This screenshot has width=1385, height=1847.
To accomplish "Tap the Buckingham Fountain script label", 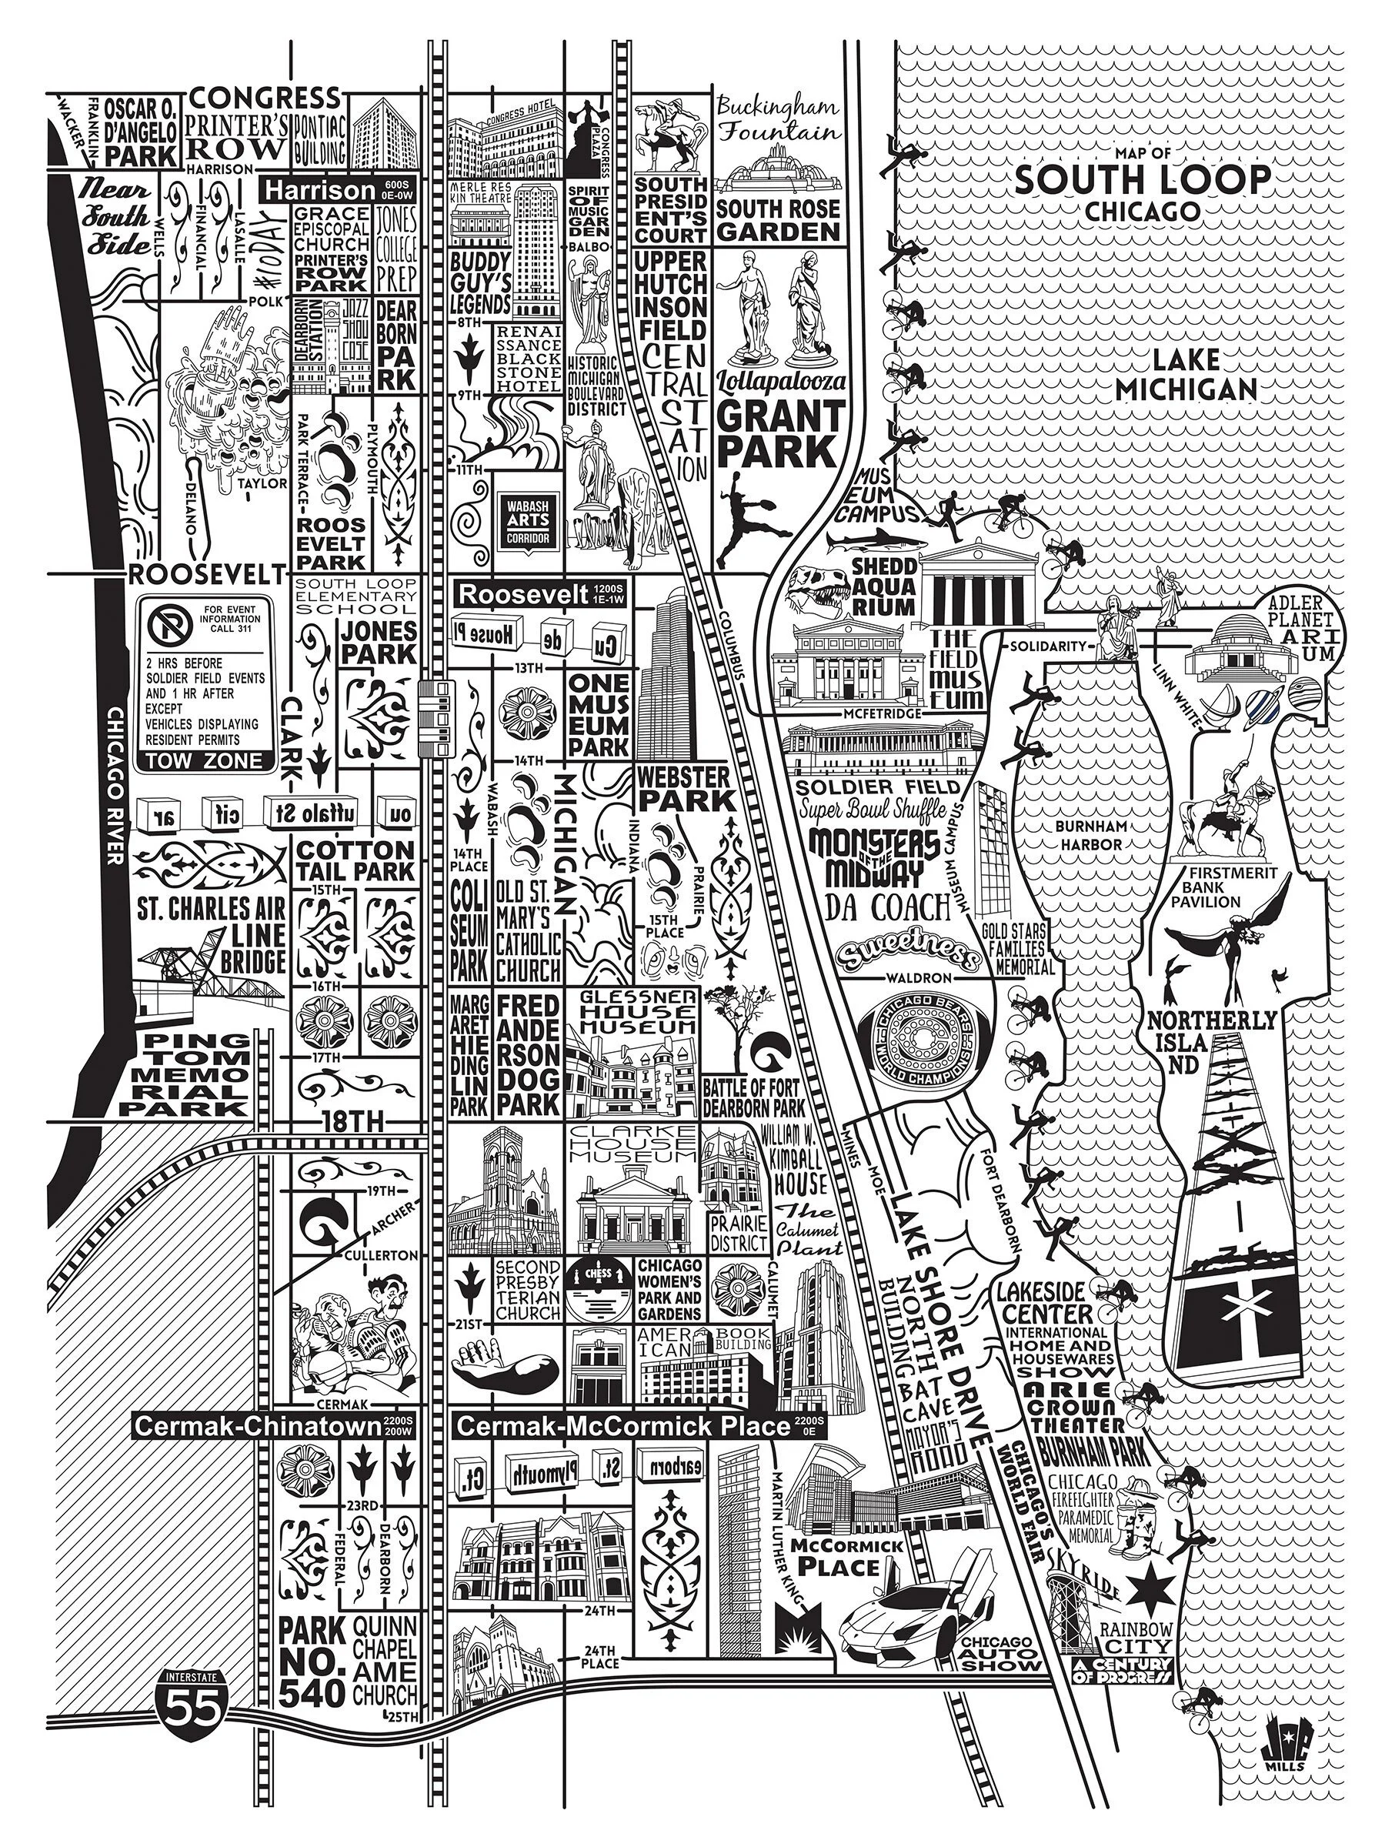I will coord(778,119).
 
